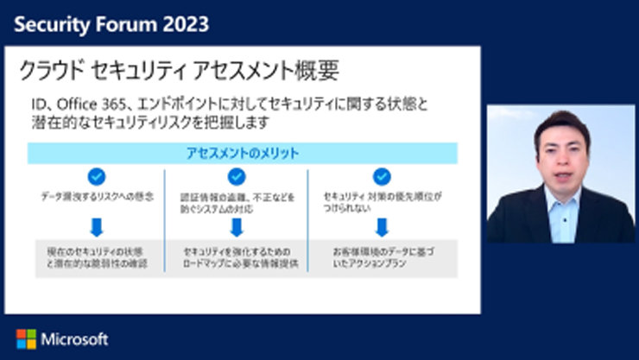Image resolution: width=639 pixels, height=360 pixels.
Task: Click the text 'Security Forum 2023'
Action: [111, 23]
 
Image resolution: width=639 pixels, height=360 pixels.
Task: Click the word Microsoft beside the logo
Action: [74, 338]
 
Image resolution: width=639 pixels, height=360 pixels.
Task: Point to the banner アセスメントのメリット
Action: [243, 153]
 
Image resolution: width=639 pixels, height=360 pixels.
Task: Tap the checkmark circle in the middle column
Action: [237, 177]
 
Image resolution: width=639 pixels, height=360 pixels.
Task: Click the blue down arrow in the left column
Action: [97, 227]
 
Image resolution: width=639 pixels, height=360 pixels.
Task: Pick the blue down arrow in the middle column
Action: [237, 227]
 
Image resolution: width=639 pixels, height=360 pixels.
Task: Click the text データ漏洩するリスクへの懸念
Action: [97, 197]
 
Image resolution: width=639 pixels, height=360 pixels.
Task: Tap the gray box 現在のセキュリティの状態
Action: [97, 257]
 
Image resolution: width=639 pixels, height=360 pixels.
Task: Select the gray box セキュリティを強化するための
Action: [237, 257]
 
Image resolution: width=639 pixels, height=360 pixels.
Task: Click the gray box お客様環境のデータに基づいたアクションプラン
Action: [380, 257]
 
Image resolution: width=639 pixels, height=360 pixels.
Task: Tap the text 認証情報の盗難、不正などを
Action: [237, 197]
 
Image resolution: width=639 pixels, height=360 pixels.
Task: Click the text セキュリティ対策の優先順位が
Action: [380, 197]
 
